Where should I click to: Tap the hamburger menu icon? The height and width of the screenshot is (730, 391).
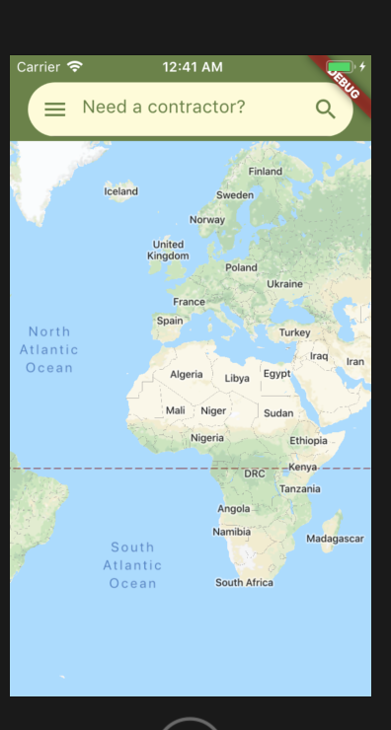click(x=55, y=109)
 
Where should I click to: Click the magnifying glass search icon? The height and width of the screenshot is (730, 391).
click(x=325, y=109)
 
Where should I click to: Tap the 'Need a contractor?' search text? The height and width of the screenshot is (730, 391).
click(x=164, y=107)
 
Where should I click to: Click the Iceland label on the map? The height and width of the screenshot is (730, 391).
click(x=121, y=191)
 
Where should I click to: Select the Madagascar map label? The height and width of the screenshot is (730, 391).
click(x=335, y=539)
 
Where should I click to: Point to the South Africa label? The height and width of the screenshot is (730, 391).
click(x=244, y=583)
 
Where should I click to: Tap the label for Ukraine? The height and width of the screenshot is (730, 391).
click(x=284, y=284)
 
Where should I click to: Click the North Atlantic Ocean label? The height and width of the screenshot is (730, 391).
click(x=49, y=349)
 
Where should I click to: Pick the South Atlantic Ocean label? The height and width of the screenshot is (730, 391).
click(x=132, y=565)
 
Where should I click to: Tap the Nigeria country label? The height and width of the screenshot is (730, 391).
click(x=207, y=438)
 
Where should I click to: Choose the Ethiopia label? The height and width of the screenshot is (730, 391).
click(x=308, y=441)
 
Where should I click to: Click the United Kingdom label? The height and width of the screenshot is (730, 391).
click(x=168, y=250)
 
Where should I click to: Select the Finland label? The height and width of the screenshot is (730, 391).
click(x=265, y=171)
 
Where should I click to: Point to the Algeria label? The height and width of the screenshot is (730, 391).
click(x=186, y=375)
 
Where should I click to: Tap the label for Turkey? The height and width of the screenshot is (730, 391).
click(x=294, y=332)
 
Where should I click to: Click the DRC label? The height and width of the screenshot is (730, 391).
click(x=255, y=474)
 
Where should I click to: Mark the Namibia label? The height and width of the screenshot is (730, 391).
click(x=231, y=532)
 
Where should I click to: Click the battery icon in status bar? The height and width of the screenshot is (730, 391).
click(x=340, y=67)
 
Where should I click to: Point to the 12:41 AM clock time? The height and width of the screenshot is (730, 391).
click(x=193, y=67)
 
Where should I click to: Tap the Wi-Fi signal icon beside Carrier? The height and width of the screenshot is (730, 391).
click(x=75, y=67)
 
